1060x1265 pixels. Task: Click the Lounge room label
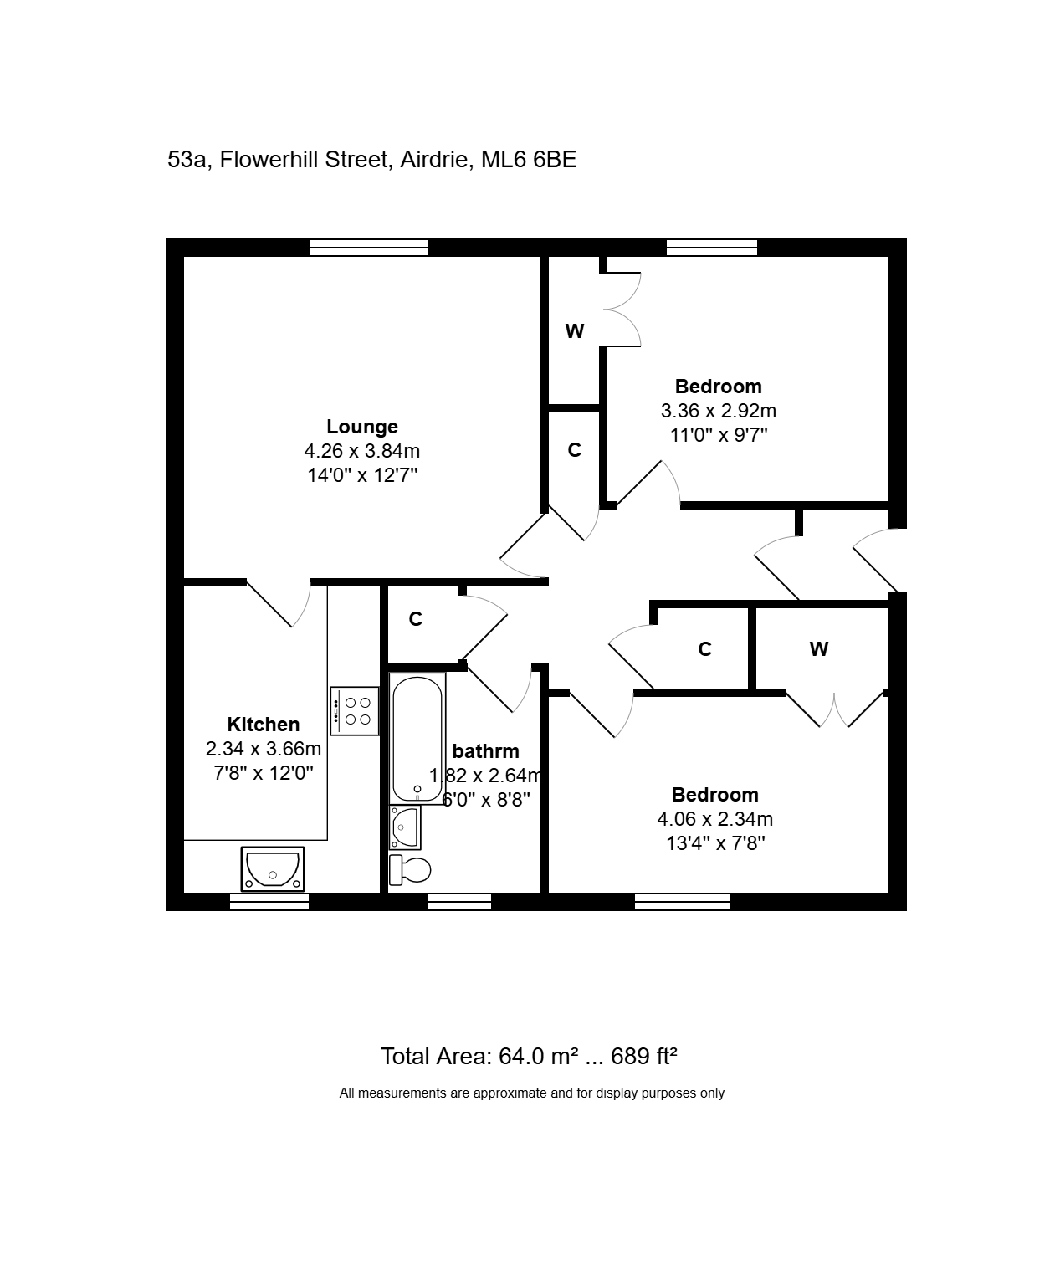point(361,427)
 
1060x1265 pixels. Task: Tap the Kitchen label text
point(263,725)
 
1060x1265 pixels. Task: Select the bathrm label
point(485,751)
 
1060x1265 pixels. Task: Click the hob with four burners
point(355,711)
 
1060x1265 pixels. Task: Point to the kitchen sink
point(273,868)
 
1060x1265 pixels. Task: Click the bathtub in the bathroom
point(417,739)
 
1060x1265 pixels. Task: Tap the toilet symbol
point(409,870)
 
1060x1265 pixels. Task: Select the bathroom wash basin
point(405,827)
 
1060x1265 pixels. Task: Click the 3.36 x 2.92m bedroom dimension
point(718,411)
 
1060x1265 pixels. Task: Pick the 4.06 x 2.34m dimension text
point(714,819)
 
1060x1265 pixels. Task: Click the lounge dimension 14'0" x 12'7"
point(362,475)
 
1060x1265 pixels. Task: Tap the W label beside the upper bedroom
point(574,331)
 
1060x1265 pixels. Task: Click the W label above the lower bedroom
point(818,649)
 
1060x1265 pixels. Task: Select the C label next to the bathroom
point(415,619)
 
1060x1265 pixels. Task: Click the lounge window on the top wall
point(369,247)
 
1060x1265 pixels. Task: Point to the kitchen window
point(269,902)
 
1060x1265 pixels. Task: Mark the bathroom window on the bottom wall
point(459,902)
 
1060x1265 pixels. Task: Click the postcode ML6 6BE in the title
point(528,160)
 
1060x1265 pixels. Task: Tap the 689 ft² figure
point(643,1057)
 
